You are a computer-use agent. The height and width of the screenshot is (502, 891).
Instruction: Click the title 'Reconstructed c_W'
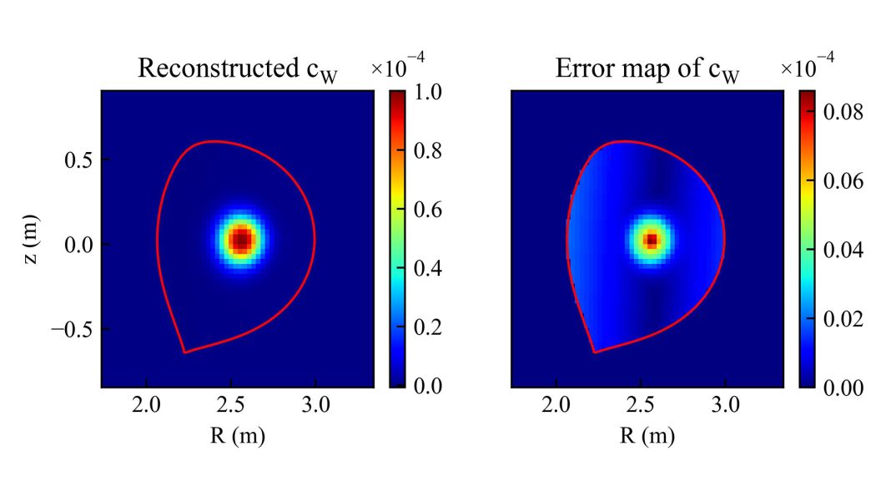click(x=238, y=69)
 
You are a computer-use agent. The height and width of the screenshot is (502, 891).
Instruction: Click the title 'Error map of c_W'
click(x=647, y=69)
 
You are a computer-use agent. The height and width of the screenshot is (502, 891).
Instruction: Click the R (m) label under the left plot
click(x=238, y=434)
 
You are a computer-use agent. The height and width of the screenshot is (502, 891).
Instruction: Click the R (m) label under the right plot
click(x=647, y=434)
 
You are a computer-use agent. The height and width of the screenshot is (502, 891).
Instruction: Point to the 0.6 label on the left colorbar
click(x=427, y=210)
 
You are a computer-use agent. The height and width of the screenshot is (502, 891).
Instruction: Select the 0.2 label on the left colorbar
click(x=427, y=327)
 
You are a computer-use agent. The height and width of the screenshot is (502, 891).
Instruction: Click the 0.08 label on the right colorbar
click(x=843, y=111)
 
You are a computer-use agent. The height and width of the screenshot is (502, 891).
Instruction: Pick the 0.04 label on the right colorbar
click(x=843, y=250)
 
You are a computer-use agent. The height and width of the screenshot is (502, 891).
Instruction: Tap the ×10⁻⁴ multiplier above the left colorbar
click(x=397, y=68)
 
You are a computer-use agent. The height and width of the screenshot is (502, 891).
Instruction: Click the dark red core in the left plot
click(x=240, y=241)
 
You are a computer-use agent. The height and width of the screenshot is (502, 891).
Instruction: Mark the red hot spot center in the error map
click(x=651, y=241)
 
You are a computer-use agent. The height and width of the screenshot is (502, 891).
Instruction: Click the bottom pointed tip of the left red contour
click(x=184, y=352)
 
